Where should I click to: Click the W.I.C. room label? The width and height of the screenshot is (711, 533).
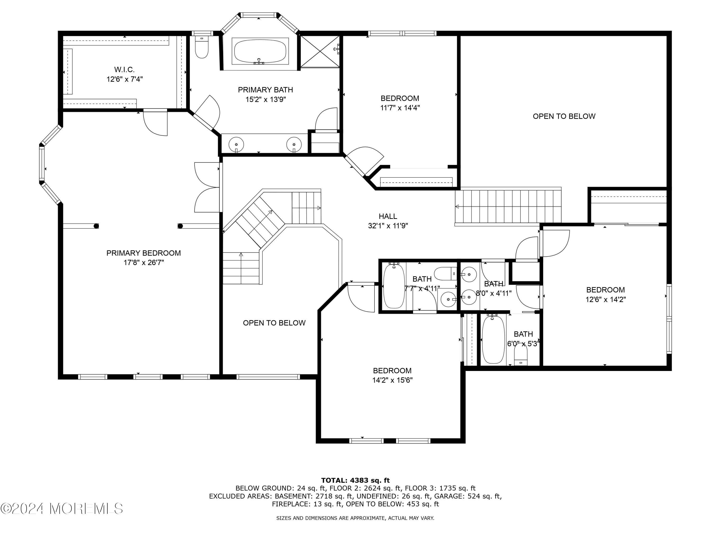[124, 69]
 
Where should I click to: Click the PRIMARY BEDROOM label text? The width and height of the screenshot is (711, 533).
[144, 253]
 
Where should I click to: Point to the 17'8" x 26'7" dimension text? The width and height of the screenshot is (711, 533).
[144, 263]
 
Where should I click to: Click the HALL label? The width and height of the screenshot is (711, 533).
[388, 216]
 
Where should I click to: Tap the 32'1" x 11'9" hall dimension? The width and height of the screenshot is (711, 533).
[388, 226]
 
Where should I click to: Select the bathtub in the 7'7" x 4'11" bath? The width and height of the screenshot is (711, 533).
[394, 286]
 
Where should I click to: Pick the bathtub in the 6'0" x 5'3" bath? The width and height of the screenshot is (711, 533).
[493, 340]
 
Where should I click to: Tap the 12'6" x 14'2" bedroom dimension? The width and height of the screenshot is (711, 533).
[606, 300]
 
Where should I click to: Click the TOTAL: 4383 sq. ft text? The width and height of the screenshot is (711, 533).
[355, 481]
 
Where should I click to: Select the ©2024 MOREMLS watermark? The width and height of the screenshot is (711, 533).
[62, 509]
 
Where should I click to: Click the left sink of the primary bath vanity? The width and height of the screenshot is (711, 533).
[236, 143]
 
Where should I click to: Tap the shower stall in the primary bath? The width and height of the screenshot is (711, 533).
[320, 51]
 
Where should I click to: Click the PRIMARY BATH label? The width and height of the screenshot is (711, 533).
[265, 90]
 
